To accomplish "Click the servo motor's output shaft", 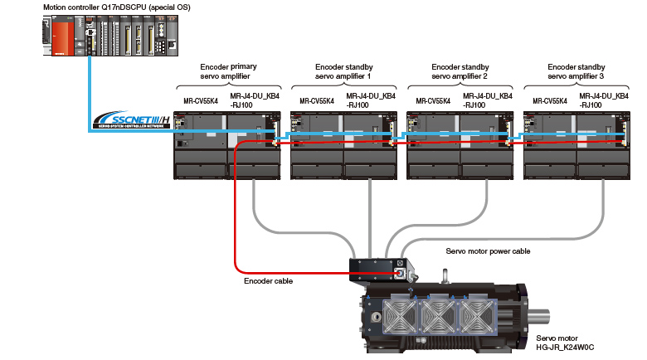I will [538, 317].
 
